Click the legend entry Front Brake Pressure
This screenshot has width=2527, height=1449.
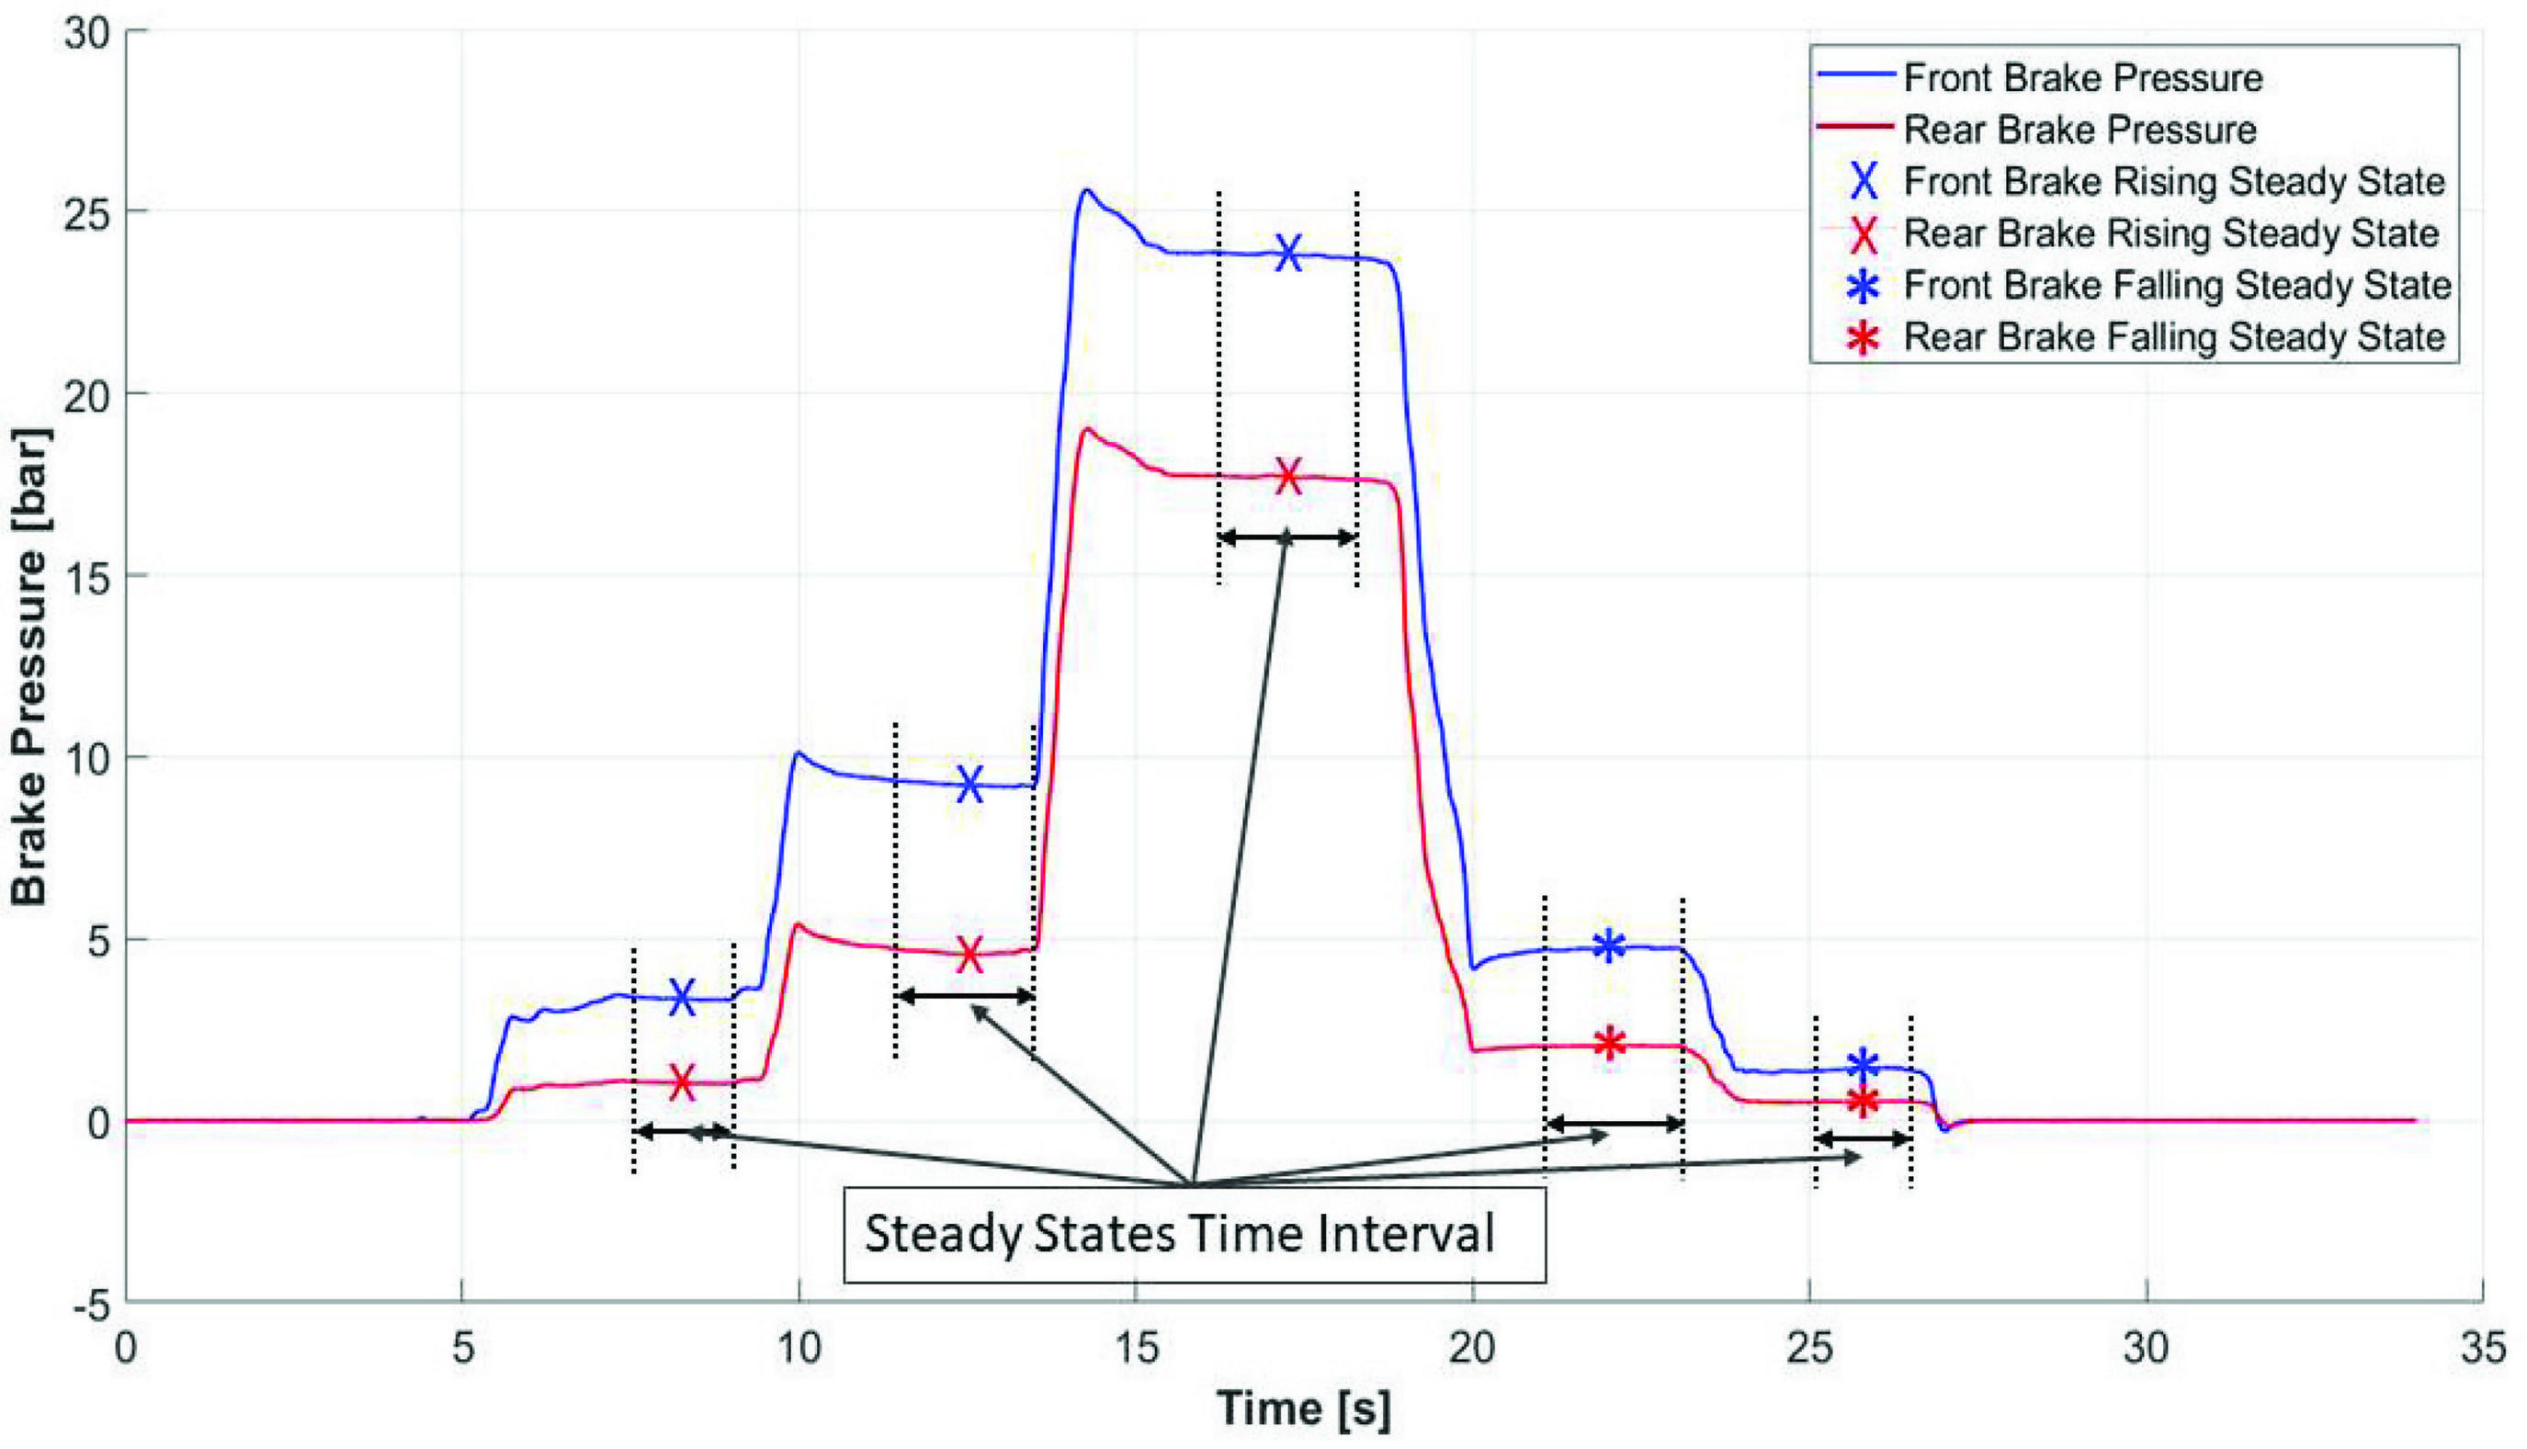point(2082,77)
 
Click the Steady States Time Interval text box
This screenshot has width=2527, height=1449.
point(1194,1234)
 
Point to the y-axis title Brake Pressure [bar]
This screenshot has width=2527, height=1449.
point(29,667)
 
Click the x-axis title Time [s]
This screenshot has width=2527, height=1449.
point(1303,1409)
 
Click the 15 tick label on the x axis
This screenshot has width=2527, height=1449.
point(1136,1350)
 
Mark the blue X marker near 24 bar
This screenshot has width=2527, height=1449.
point(1289,254)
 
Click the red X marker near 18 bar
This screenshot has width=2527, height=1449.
point(1289,477)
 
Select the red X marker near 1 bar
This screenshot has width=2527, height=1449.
point(682,1081)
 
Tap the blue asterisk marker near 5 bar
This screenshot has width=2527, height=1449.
point(1609,945)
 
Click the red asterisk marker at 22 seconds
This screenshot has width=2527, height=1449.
point(1609,1044)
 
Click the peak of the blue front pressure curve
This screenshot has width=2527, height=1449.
point(1087,190)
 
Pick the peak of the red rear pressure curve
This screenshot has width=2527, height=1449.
point(1088,429)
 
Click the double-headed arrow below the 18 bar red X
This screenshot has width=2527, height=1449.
point(1286,538)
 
